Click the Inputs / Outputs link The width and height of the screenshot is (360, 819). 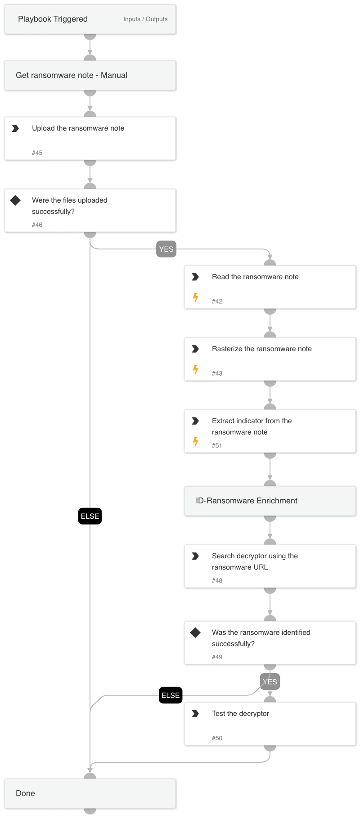(x=145, y=19)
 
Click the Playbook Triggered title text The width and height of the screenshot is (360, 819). (x=53, y=19)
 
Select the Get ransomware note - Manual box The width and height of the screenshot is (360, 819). (x=90, y=76)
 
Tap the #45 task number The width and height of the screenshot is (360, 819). (x=37, y=153)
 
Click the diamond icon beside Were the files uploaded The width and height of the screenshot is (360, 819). (x=15, y=200)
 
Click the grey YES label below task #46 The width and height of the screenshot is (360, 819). (x=166, y=249)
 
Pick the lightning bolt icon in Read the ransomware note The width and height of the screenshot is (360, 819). (x=196, y=298)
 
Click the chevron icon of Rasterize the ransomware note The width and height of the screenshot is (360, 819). (x=195, y=349)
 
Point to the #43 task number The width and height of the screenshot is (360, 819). (x=217, y=373)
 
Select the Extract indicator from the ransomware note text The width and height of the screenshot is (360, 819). (x=252, y=426)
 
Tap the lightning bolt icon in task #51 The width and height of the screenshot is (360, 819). (x=196, y=442)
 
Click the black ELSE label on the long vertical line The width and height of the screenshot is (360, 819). (x=90, y=516)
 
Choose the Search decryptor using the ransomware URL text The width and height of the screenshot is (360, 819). (x=255, y=561)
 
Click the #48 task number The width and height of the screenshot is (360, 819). (x=217, y=580)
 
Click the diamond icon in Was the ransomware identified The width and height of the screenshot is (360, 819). (x=195, y=633)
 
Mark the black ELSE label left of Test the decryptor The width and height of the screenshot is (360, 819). (x=171, y=695)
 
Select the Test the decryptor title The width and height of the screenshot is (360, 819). (x=240, y=714)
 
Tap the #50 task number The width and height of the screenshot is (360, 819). (x=217, y=738)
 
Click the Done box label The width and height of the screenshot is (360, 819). (x=25, y=793)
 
